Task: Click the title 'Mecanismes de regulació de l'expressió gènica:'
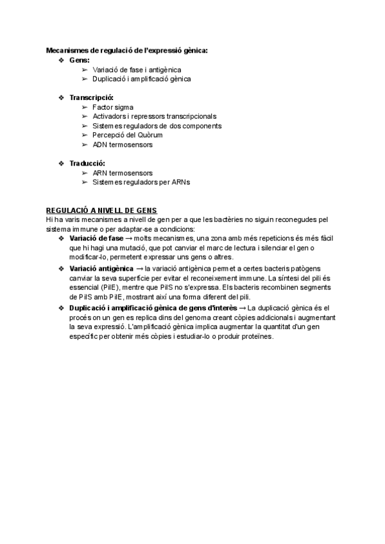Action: click(x=127, y=50)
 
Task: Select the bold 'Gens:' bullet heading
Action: click(x=80, y=60)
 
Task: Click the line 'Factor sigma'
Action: click(x=113, y=107)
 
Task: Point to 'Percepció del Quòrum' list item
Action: click(x=128, y=135)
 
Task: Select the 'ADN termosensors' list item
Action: click(x=123, y=145)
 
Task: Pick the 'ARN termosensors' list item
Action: click(x=123, y=173)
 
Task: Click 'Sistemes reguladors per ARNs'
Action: click(x=141, y=182)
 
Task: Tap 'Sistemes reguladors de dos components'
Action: click(x=148, y=126)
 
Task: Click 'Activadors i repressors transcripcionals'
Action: click(x=155, y=116)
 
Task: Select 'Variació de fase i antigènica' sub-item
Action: click(x=137, y=69)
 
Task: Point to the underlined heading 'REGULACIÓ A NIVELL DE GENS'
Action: click(x=101, y=210)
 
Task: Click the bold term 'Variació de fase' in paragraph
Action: click(x=96, y=239)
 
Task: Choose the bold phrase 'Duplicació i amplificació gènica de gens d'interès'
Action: click(x=153, y=309)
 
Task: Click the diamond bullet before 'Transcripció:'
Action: click(x=62, y=98)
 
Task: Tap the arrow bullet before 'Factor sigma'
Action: click(x=85, y=107)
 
